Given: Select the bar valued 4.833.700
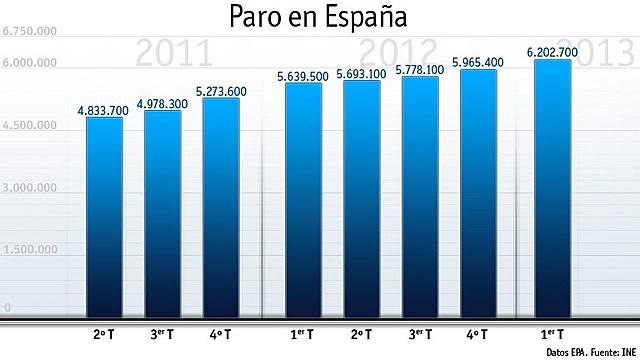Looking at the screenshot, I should [104, 215].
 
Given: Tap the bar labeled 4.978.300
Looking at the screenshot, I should [163, 212].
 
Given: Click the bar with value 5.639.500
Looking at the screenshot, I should [303, 198].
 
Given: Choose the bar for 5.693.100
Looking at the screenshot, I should [362, 197].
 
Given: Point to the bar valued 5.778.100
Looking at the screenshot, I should [421, 195].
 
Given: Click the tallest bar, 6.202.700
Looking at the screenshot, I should [552, 187].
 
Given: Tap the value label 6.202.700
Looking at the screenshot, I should [552, 51].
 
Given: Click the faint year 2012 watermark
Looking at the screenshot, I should [398, 50].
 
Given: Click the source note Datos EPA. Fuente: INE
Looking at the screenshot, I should [589, 352].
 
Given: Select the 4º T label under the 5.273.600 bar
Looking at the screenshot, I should [221, 333].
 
